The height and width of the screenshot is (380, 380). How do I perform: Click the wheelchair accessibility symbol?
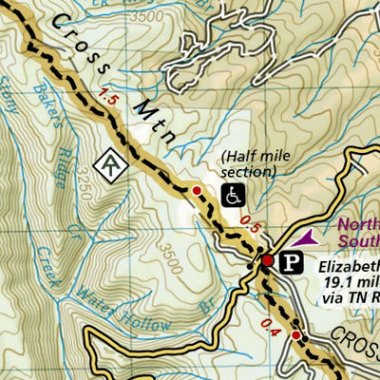tap(231, 196)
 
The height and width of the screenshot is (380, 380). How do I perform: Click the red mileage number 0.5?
tap(250, 223)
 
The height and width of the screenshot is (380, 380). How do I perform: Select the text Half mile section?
tap(248, 164)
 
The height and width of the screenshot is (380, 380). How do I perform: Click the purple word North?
tap(357, 225)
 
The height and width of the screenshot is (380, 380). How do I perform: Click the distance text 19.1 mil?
tap(350, 282)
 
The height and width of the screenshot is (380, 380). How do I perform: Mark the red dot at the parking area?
tap(269, 260)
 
